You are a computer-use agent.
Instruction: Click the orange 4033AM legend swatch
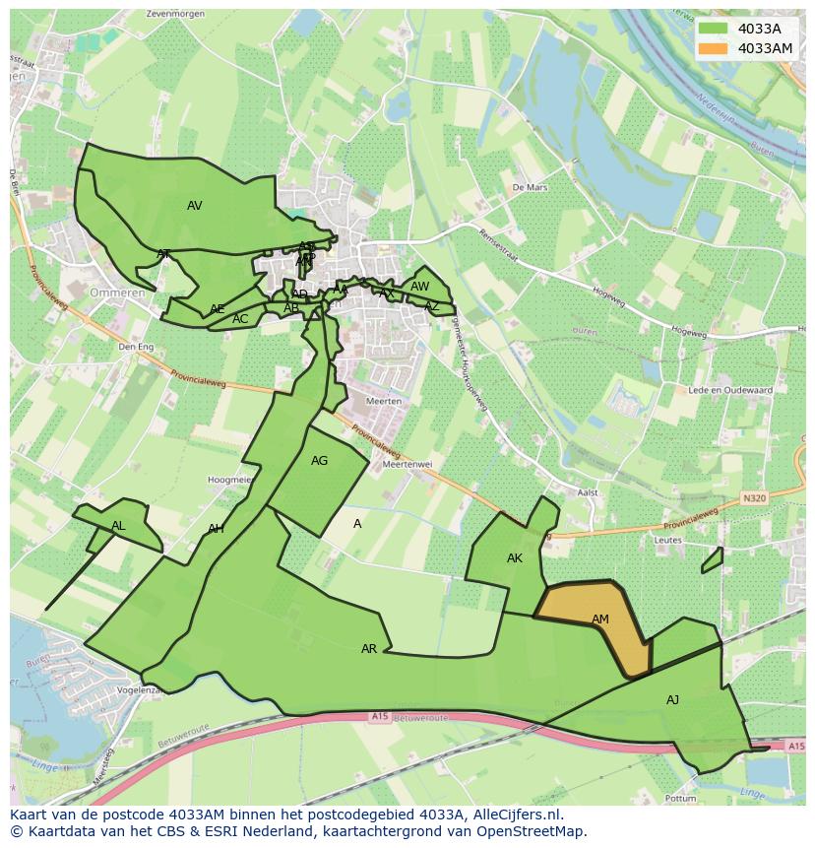tap(715, 48)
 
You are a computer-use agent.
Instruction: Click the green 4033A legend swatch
tap(715, 29)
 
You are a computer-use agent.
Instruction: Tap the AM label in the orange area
tap(600, 620)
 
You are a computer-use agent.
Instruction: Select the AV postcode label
tap(195, 206)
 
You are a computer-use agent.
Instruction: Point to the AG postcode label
tap(319, 461)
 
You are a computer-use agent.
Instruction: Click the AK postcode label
tap(515, 558)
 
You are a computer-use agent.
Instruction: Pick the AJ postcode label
tap(672, 700)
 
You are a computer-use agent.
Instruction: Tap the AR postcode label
tap(369, 649)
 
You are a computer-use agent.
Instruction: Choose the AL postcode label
tap(118, 526)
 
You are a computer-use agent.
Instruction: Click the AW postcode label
tap(420, 287)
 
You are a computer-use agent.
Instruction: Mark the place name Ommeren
tap(117, 294)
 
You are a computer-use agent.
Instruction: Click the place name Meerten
tap(383, 402)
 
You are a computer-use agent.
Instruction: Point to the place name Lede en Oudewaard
tap(730, 390)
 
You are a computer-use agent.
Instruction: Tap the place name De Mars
tap(530, 186)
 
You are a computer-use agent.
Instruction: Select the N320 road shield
tap(754, 498)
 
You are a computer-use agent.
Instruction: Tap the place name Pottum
tap(681, 798)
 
